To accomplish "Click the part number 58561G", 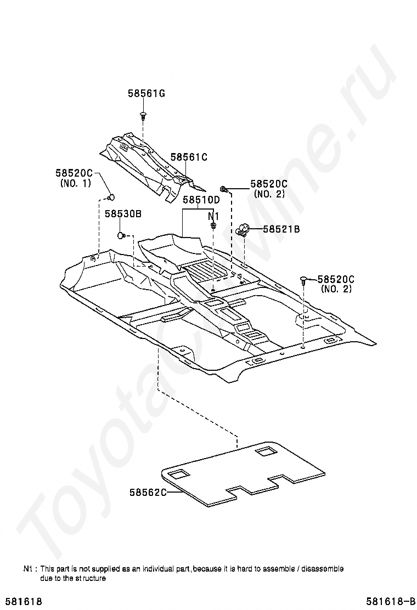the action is pos(146,93).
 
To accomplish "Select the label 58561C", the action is pos(188,157).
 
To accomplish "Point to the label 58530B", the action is pos(123,213).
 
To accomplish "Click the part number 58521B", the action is pos(281,229).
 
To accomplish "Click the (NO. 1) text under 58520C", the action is pos(75,183).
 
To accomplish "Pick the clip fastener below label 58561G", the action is pos(143,116).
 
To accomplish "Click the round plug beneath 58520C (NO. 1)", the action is pos(111,197).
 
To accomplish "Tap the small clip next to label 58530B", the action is pos(121,235).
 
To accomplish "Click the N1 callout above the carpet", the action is pos(213,216).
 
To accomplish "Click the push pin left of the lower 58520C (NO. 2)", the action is pos(303,281).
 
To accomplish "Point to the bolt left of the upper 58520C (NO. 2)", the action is pos(224,189).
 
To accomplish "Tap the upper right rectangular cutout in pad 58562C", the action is pos(266,451).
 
